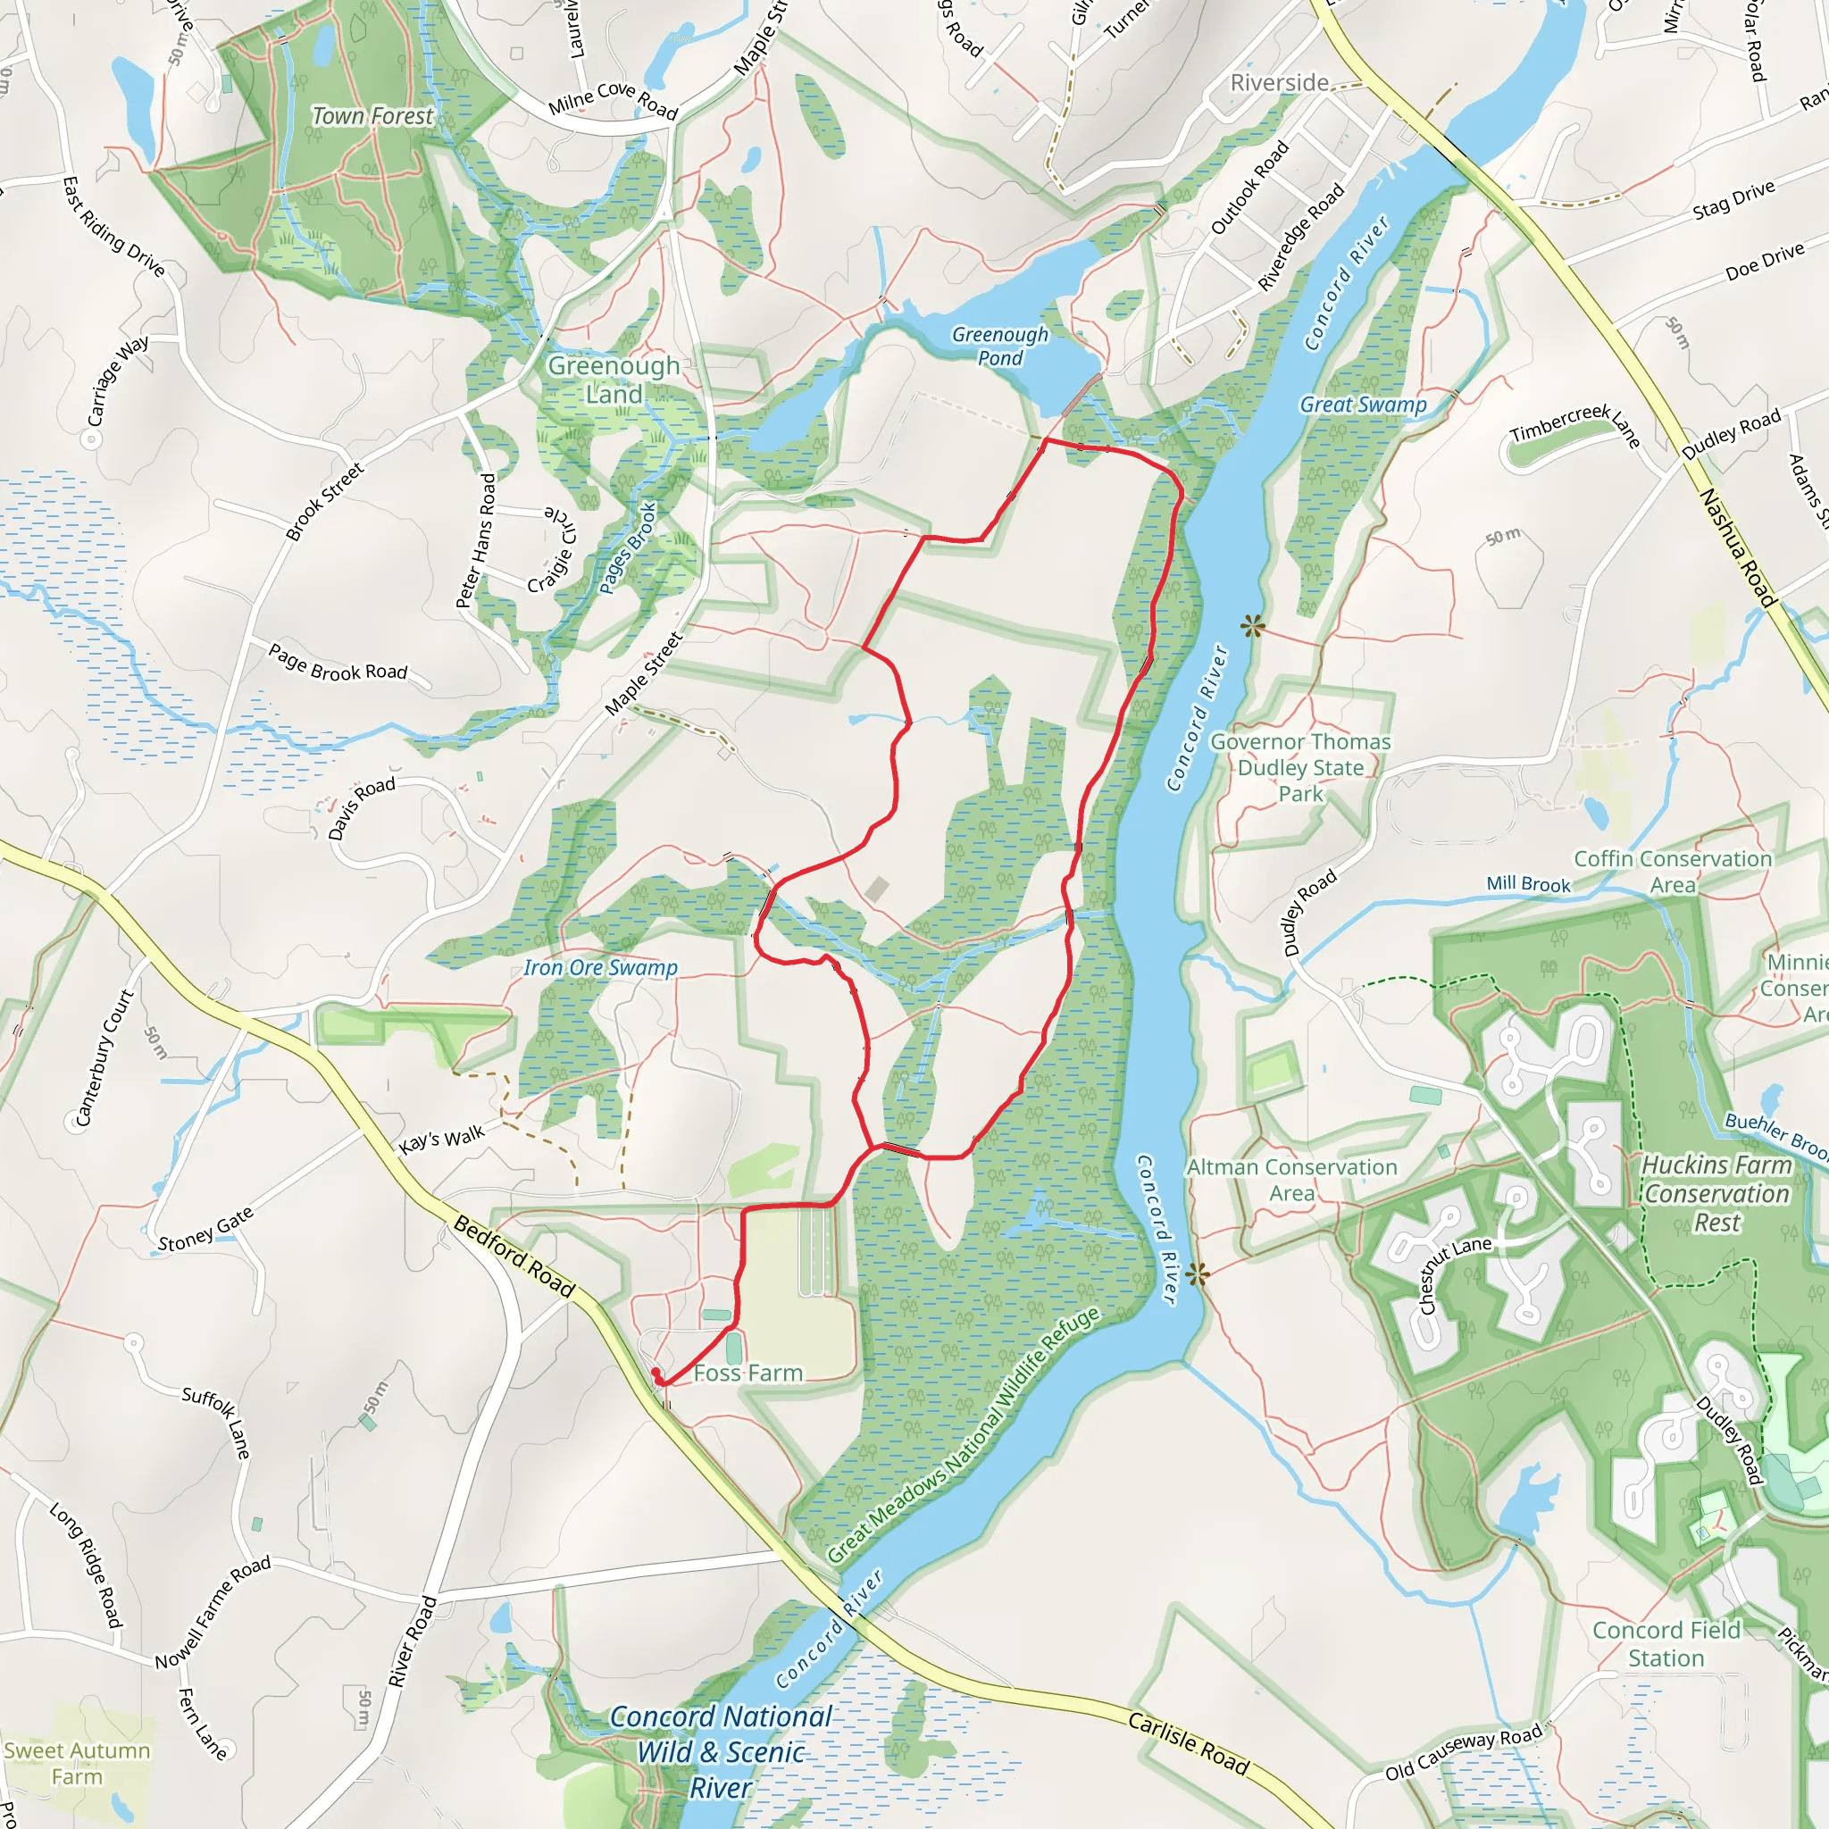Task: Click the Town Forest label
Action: coord(372,115)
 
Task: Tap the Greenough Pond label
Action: coord(999,346)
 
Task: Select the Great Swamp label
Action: coord(1362,405)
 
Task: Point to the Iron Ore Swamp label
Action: coord(600,967)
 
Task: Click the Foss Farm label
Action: coord(747,1373)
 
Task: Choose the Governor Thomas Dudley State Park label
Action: coord(1299,768)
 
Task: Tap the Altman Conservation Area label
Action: coord(1291,1180)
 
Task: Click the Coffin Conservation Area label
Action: coord(1673,871)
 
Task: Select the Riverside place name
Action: coord(1279,83)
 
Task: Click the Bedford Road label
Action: coord(514,1257)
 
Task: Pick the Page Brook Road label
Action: coord(338,663)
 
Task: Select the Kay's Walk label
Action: coord(441,1139)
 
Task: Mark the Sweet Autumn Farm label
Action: coord(77,1763)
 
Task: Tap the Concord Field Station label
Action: coord(1666,1643)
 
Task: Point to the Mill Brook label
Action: coord(1528,883)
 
